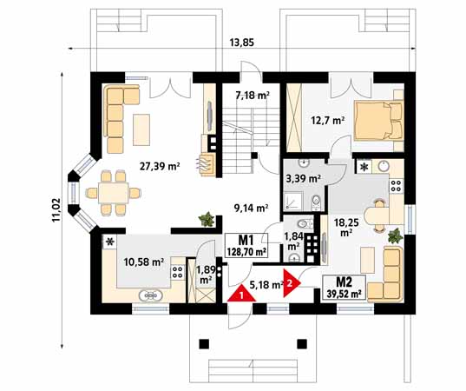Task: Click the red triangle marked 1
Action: point(241,294)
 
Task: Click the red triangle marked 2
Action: point(291,283)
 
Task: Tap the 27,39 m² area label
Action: point(160,166)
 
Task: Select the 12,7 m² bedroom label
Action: point(328,121)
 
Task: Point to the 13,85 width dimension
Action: point(242,43)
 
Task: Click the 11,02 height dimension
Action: point(56,210)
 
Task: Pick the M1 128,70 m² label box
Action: point(246,246)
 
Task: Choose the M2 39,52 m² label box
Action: point(344,287)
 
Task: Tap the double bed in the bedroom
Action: point(378,121)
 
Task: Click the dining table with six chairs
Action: point(113,193)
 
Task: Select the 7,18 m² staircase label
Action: point(253,96)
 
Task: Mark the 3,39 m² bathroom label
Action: point(303,179)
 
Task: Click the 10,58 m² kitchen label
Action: point(144,262)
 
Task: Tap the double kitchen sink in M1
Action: point(151,295)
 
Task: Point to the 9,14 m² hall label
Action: point(252,208)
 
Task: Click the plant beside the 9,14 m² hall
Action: point(207,220)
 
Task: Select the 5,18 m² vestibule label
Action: point(266,285)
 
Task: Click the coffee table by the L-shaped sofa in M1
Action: point(141,129)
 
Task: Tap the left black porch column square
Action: point(204,344)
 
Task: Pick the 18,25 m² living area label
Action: point(346,228)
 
